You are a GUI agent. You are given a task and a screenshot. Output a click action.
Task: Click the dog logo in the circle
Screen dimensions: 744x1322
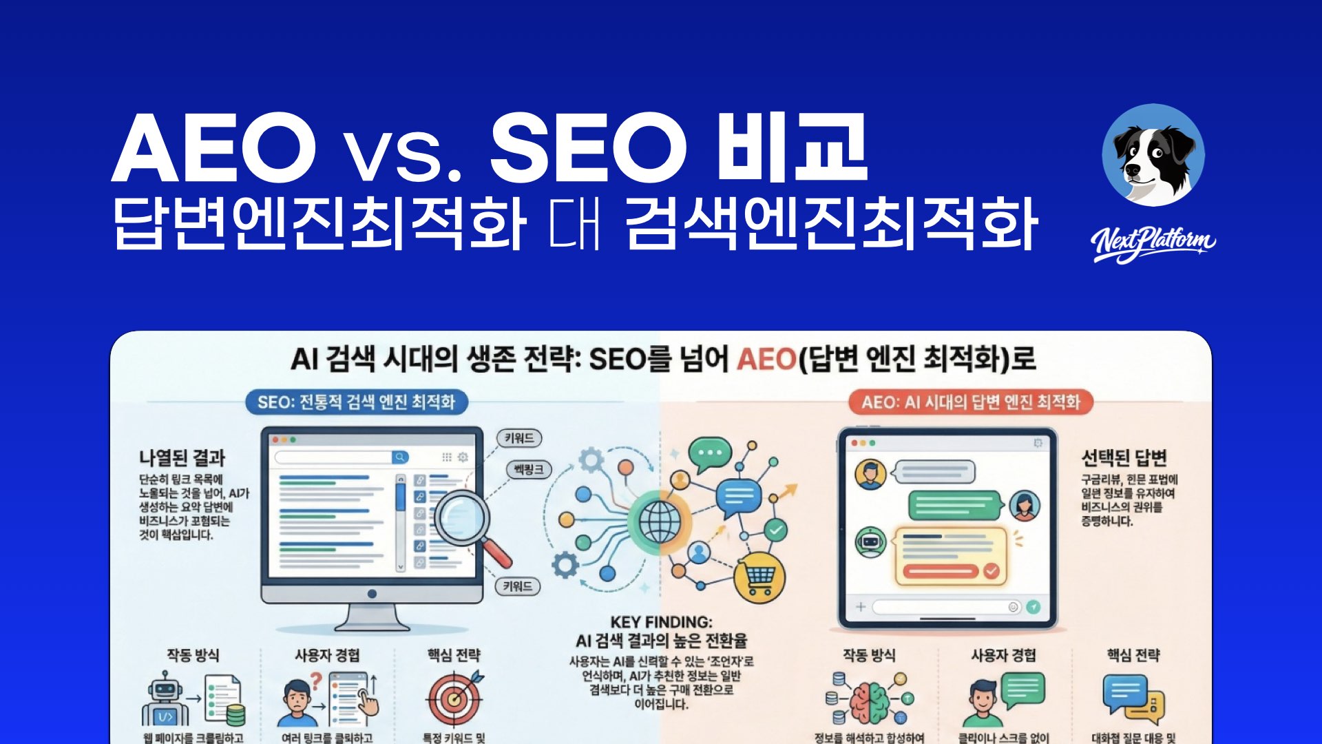(1153, 156)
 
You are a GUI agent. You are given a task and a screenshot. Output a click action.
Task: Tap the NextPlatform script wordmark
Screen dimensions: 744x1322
(1153, 242)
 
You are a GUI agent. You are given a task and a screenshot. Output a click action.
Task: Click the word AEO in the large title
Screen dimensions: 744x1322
(213, 148)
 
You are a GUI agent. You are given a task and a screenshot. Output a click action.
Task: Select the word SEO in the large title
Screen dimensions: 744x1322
(589, 148)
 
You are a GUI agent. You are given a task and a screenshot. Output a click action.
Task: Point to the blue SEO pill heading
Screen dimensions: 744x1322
(356, 402)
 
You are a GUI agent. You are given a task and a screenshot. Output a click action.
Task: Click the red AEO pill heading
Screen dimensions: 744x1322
(971, 402)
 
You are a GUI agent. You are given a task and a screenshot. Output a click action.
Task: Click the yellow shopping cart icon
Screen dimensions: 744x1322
(759, 577)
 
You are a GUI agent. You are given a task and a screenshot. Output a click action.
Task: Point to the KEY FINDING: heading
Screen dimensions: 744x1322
(661, 622)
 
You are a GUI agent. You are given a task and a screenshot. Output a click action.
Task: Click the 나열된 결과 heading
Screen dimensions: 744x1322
(182, 458)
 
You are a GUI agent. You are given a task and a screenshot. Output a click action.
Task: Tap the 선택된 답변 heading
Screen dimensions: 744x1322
(1124, 458)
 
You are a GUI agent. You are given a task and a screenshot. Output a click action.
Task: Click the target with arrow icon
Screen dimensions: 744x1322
(454, 697)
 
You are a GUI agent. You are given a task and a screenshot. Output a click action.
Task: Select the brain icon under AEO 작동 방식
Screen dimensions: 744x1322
(869, 701)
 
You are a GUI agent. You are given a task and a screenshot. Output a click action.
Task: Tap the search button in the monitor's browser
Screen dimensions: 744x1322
(399, 457)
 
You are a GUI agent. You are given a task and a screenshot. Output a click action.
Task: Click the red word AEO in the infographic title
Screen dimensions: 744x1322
(766, 360)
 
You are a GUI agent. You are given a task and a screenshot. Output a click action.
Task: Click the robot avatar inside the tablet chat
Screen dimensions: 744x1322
(869, 541)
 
